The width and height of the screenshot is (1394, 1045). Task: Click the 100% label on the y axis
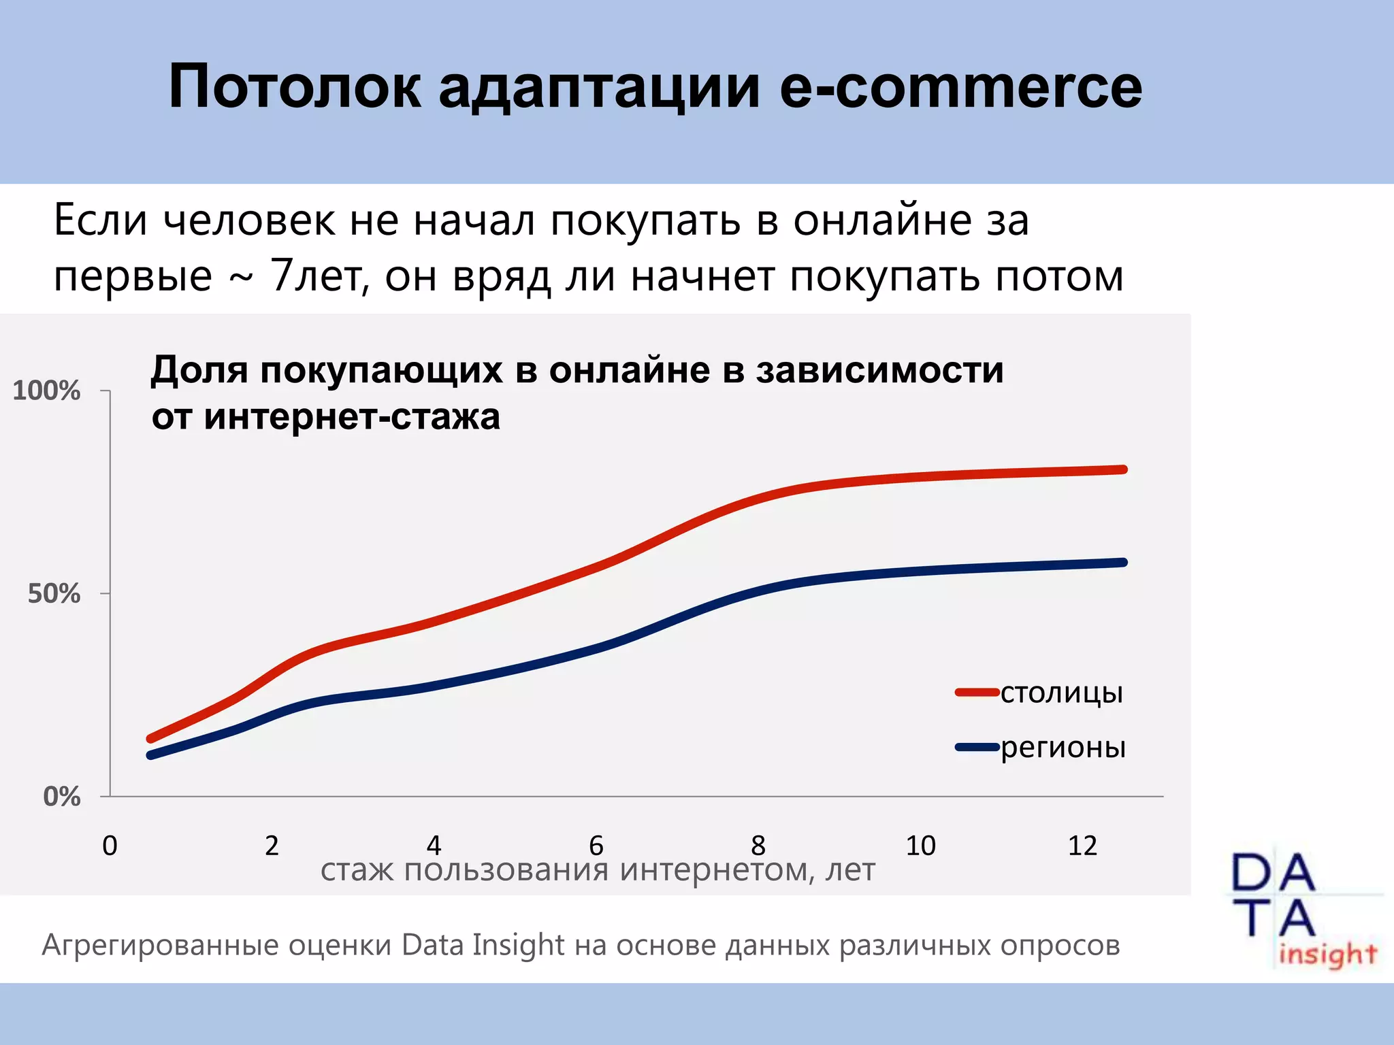(46, 391)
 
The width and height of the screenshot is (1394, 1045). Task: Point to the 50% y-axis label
(54, 594)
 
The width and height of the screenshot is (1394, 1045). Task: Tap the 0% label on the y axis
(61, 796)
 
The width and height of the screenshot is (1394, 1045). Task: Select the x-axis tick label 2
(272, 846)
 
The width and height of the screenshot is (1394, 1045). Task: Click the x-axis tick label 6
(596, 846)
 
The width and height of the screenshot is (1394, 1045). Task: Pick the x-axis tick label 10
(920, 846)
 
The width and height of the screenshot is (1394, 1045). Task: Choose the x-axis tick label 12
(1082, 846)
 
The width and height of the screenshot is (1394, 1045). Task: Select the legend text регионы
(1063, 747)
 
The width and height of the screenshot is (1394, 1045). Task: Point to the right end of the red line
(1123, 469)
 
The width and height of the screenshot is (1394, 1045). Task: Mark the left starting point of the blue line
(151, 755)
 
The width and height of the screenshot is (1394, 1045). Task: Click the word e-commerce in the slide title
(960, 86)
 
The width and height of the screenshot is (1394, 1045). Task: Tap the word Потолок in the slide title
(295, 86)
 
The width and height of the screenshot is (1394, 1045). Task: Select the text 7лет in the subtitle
(315, 276)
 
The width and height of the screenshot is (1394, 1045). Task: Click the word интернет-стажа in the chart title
(352, 416)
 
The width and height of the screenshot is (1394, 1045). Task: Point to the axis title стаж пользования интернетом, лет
(598, 869)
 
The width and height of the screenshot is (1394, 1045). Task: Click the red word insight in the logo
(1327, 954)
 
